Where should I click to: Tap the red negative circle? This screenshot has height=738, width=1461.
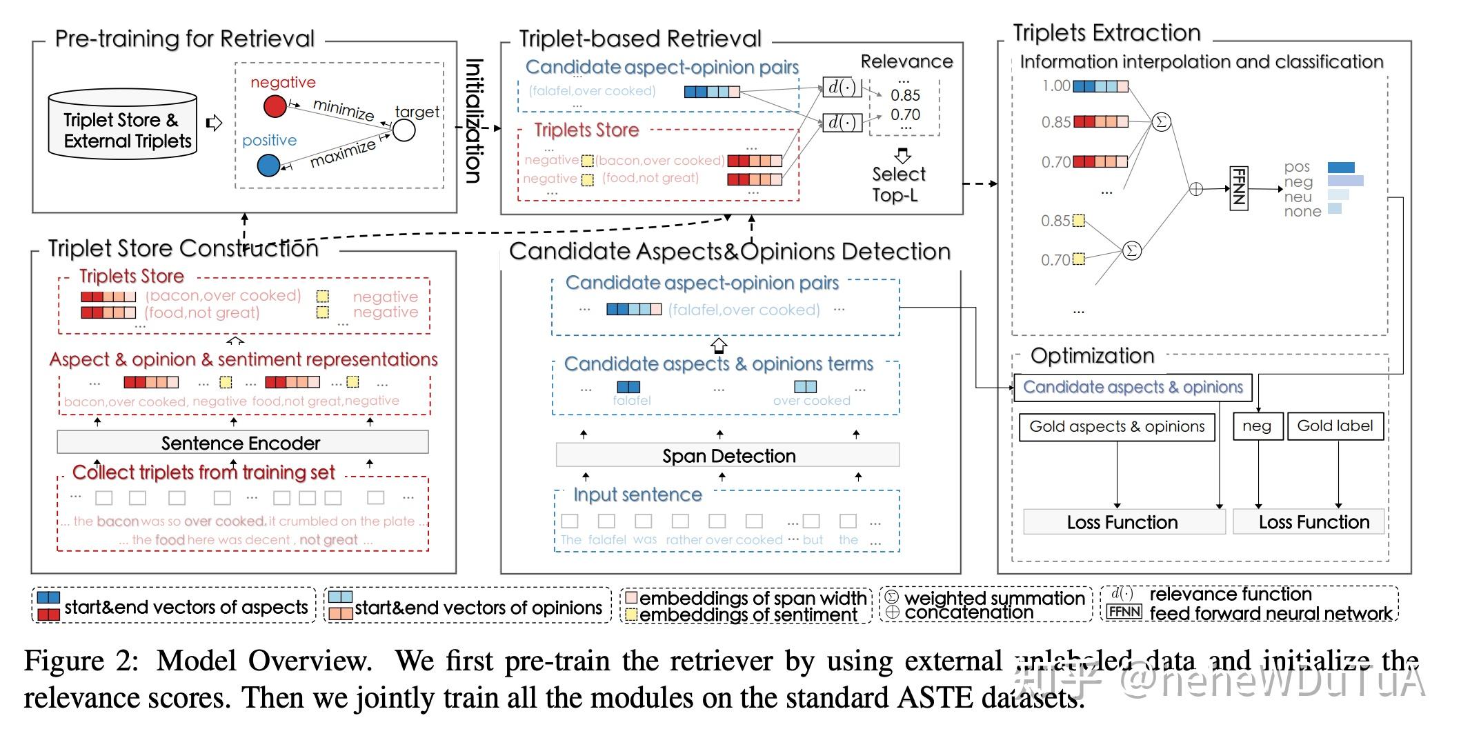pos(275,106)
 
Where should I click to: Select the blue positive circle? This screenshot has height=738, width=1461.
pos(268,166)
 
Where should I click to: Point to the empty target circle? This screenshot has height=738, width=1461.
pos(404,130)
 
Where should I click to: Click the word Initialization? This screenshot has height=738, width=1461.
pos(474,120)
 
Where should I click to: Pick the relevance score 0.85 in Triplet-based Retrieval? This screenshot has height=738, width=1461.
pos(905,95)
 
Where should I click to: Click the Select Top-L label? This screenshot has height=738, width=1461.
pos(897,184)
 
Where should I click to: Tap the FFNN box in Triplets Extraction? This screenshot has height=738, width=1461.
pos(1239,187)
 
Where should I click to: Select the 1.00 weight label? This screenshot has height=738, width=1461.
pos(1055,86)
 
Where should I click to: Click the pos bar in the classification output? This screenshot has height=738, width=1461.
pos(1340,168)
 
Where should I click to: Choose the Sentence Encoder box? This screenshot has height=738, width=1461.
pos(242,443)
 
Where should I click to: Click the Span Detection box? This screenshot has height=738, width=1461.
pos(728,456)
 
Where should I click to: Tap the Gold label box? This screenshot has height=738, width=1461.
pos(1335,426)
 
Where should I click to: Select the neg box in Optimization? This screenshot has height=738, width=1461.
pos(1257,426)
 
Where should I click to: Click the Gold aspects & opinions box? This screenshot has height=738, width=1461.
pos(1116,427)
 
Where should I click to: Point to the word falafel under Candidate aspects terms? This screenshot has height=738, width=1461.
pos(631,401)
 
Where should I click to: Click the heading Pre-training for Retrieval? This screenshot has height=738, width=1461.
pos(184,39)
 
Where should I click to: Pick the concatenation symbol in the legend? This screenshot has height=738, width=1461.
pos(892,612)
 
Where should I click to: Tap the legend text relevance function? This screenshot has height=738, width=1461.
pos(1230,595)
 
